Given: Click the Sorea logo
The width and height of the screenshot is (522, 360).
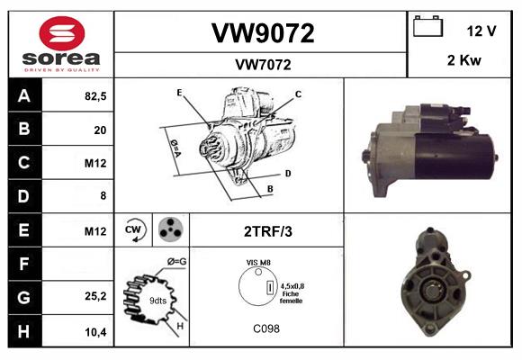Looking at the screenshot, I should (60, 44).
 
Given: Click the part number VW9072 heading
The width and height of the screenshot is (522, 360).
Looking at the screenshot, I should (262, 33).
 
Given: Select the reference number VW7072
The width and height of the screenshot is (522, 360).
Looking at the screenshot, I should (262, 65).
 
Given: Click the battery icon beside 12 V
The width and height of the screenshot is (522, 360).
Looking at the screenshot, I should (428, 28).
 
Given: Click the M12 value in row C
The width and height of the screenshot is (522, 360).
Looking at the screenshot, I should (95, 164).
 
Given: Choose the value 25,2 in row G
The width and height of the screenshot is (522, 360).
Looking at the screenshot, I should (95, 297).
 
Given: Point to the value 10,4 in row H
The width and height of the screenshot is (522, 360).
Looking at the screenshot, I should (95, 331).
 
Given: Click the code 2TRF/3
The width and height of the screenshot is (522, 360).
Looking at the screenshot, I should (267, 231).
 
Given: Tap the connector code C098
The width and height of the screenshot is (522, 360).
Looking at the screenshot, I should (265, 329).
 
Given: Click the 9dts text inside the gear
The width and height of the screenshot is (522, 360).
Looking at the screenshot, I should (157, 299).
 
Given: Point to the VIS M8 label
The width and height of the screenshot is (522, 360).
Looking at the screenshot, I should (259, 262).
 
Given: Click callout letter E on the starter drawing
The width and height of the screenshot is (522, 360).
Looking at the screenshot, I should (179, 93).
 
